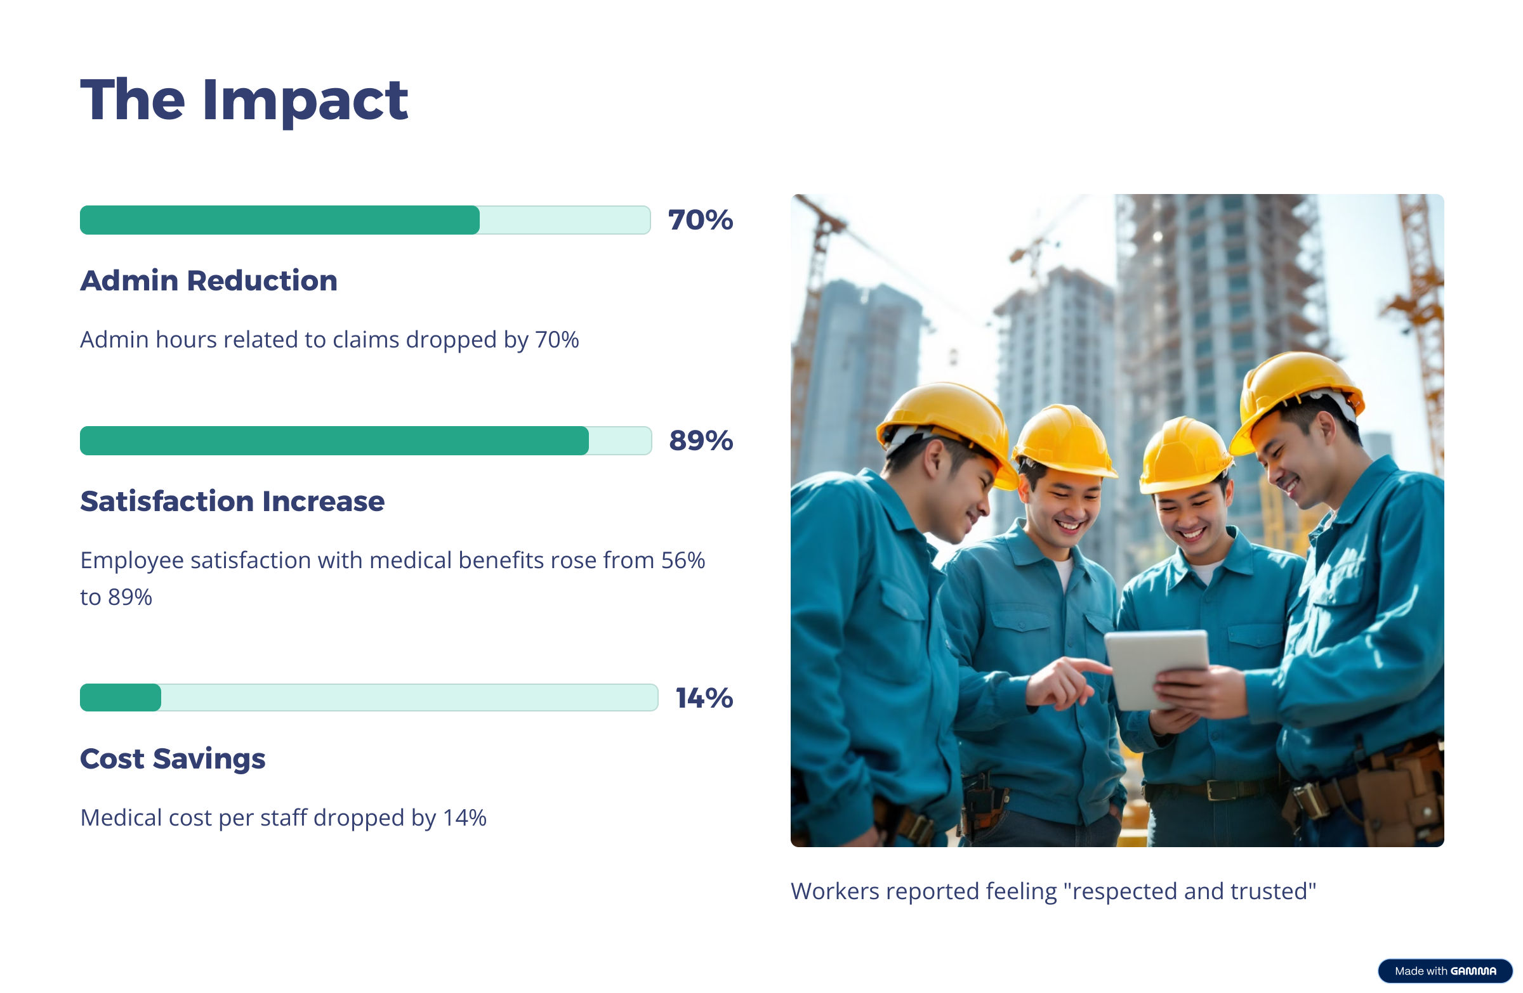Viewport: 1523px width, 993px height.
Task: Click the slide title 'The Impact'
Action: (244, 101)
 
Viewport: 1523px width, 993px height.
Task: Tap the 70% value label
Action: (700, 220)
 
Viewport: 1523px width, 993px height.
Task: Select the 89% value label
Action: (701, 441)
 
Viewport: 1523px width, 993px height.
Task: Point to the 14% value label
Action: (704, 698)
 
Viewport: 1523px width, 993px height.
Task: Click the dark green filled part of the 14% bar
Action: (121, 698)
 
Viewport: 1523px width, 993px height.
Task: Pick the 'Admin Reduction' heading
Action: (209, 281)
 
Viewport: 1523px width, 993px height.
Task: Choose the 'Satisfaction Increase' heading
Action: (232, 502)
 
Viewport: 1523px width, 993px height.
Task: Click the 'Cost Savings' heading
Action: (173, 759)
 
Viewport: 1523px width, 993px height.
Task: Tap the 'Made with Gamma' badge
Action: (1444, 971)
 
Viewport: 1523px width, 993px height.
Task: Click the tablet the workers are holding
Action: (1157, 668)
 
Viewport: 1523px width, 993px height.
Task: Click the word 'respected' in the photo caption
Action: (1124, 892)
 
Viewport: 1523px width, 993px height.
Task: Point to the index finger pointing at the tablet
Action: (1088, 665)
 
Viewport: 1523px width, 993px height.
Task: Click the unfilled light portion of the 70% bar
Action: (565, 220)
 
